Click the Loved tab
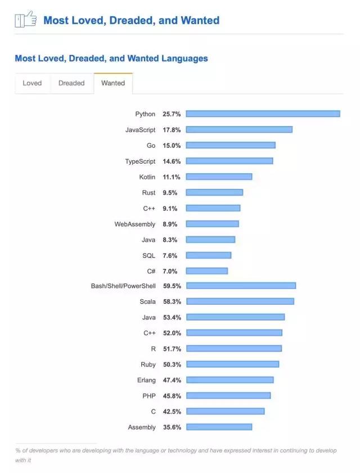click(x=32, y=83)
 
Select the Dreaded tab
click(x=71, y=83)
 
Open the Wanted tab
click(x=113, y=83)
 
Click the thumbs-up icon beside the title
click(x=25, y=20)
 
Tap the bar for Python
click(x=263, y=114)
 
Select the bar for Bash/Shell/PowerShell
click(x=241, y=286)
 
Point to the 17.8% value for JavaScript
click(x=172, y=130)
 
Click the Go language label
click(x=151, y=146)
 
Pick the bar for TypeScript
click(x=229, y=161)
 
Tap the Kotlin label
click(x=147, y=177)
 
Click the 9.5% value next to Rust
click(x=170, y=193)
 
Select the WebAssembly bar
click(x=212, y=224)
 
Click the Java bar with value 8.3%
click(x=210, y=240)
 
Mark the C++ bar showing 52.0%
click(x=234, y=333)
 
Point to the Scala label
click(x=147, y=302)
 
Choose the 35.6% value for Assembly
click(x=172, y=427)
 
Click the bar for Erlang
click(x=229, y=380)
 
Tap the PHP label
click(x=149, y=396)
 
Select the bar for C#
click(x=206, y=271)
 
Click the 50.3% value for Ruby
click(x=172, y=364)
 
